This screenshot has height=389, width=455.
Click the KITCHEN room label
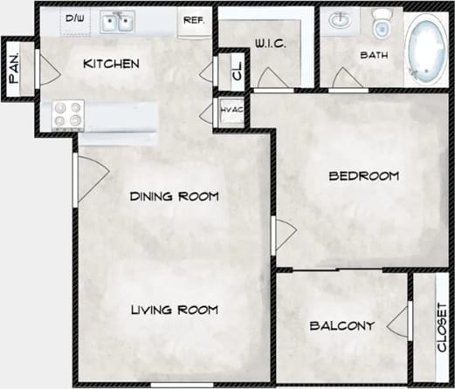(x=111, y=64)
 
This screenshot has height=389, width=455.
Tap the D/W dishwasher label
(x=75, y=17)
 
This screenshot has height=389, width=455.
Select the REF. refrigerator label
(x=194, y=19)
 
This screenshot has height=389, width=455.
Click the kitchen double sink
(x=116, y=20)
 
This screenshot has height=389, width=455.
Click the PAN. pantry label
(x=15, y=66)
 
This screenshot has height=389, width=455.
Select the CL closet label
(x=235, y=72)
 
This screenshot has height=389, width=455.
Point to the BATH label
(x=375, y=55)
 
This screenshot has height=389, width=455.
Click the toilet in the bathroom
(x=381, y=24)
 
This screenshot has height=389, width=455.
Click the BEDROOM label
(x=363, y=176)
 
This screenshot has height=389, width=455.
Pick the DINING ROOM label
(x=174, y=195)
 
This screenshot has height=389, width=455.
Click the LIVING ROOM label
(x=174, y=310)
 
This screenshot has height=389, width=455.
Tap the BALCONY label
(x=342, y=326)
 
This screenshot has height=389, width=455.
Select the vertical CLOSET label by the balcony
(x=441, y=326)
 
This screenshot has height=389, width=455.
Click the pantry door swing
(x=41, y=70)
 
